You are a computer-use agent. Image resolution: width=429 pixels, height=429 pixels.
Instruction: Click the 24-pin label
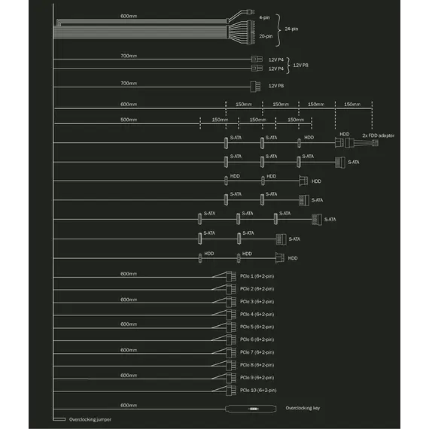tap(291, 29)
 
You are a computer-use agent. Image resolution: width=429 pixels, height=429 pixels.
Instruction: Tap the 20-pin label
tap(266, 36)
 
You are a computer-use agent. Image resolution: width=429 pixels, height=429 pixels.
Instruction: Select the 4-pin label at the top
tap(264, 17)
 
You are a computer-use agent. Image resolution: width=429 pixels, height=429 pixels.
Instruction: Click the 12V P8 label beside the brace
tap(300, 65)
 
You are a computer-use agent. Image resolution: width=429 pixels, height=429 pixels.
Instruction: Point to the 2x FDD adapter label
tap(378, 135)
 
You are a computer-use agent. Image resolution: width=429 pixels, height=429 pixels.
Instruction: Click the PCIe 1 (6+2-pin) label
tap(257, 276)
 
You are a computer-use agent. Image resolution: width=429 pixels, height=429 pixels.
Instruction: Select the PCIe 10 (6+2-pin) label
tap(258, 390)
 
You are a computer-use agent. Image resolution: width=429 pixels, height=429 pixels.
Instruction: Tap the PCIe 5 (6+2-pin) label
tap(257, 327)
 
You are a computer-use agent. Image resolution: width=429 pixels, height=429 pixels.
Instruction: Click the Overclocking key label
tap(303, 408)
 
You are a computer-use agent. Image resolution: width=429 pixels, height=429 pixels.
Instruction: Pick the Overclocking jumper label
tap(90, 419)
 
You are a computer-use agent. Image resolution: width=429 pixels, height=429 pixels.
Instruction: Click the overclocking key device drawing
tap(251, 409)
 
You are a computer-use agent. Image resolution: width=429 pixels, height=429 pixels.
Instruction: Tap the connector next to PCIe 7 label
tap(231, 353)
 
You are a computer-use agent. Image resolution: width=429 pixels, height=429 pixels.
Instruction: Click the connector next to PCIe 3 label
tap(231, 302)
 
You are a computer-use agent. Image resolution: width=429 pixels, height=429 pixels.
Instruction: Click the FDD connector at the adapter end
tap(375, 142)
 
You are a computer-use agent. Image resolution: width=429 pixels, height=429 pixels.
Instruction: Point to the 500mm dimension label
tap(129, 120)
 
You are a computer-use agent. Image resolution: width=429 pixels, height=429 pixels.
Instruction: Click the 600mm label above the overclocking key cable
tap(129, 405)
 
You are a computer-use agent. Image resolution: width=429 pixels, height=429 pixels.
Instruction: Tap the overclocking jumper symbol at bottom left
tap(59, 419)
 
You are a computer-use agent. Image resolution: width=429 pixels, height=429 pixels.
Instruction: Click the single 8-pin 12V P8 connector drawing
tap(255, 87)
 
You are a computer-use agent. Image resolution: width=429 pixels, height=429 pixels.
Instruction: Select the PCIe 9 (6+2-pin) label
tap(257, 378)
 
